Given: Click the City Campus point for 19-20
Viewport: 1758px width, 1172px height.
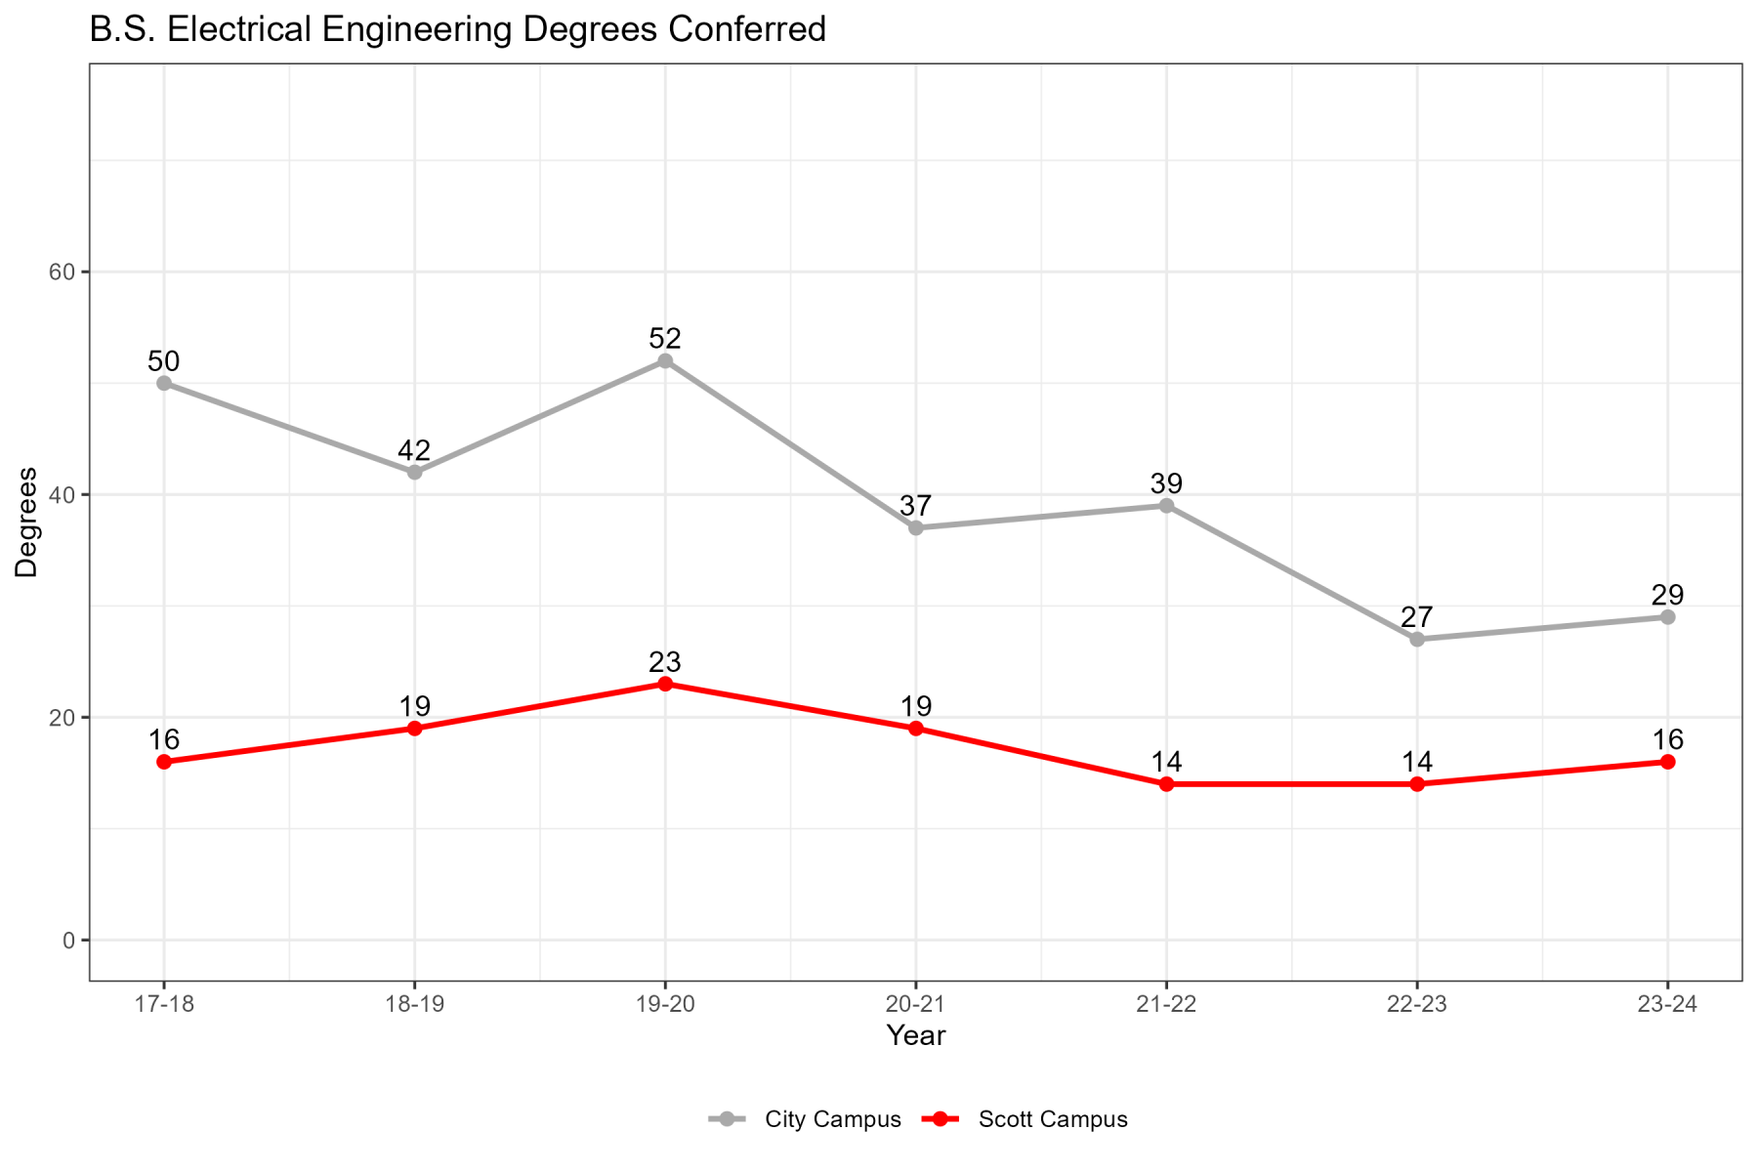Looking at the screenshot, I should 665,361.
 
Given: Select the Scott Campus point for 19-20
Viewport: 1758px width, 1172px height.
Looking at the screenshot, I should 665,684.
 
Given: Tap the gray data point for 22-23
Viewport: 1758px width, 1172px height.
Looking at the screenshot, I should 1417,639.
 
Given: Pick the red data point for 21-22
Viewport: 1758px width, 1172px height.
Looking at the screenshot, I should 1166,784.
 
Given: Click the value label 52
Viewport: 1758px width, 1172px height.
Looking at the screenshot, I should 665,339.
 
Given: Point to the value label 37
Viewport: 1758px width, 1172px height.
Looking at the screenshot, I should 915,506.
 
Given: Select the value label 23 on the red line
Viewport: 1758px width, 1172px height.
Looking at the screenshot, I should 665,662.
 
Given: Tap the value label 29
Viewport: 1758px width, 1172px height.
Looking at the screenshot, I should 1667,595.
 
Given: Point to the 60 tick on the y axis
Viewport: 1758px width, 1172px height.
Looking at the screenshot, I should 63,272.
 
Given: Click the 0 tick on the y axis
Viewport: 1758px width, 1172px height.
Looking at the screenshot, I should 68,941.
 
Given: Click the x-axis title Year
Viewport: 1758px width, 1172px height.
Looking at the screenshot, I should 915,1036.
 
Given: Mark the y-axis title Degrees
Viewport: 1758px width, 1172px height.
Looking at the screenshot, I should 27,523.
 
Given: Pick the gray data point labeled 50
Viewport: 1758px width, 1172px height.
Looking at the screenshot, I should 164,384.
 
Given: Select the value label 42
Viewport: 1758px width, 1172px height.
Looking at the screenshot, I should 414,450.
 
